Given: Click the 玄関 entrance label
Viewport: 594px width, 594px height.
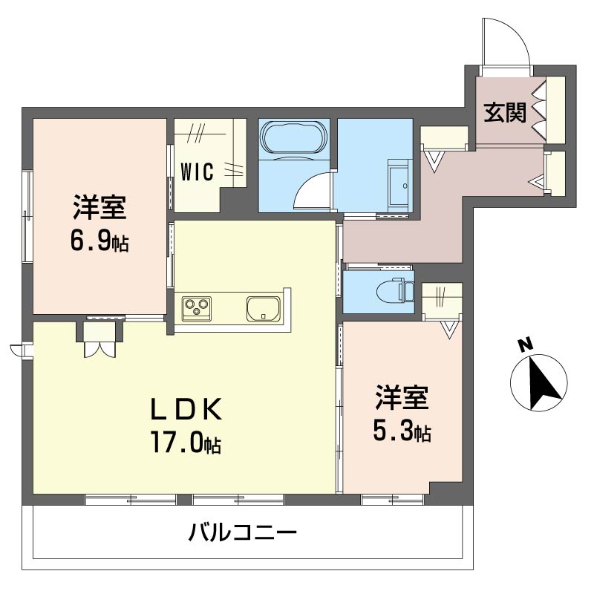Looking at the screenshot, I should (x=506, y=112).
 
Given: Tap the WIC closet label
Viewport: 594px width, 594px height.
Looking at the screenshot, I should (x=198, y=172).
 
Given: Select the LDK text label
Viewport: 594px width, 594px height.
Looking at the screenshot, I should (x=186, y=408).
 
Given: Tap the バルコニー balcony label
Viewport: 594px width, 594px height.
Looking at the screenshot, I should (x=242, y=533).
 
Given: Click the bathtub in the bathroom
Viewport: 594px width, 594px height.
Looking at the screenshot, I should (x=293, y=137).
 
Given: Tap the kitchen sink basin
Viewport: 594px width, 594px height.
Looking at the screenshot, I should (x=263, y=307).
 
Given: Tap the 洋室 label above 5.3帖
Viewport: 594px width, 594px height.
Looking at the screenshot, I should (x=401, y=399).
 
